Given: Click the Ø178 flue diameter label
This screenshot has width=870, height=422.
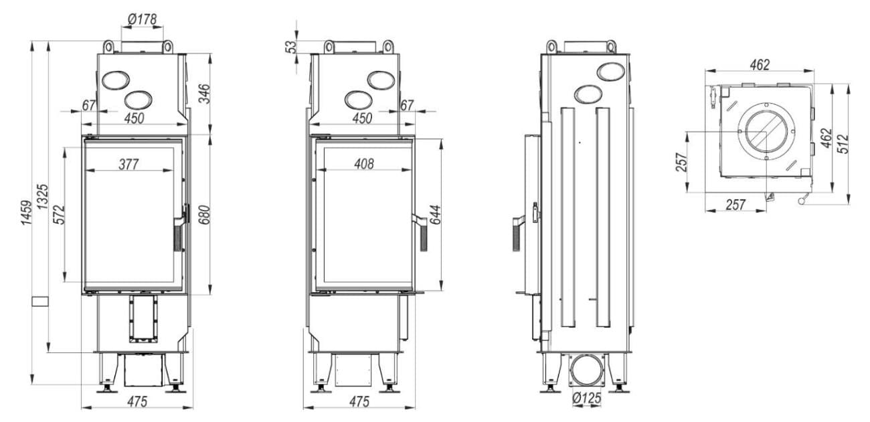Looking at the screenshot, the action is pos(142,19).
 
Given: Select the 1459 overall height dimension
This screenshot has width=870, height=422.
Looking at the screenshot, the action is pos(26,213).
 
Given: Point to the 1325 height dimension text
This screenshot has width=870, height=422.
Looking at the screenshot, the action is pos(43,197).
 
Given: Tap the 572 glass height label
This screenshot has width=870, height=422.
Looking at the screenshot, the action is pos(60,215).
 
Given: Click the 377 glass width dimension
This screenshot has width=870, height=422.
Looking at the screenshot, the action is pos(128,165).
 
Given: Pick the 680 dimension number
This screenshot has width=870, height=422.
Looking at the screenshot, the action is pos(204,215).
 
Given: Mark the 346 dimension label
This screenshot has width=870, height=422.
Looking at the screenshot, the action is pos(204,94).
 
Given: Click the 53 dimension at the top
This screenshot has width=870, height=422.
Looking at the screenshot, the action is pos(290,47).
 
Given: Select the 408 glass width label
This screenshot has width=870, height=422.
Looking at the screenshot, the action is pos(364,165).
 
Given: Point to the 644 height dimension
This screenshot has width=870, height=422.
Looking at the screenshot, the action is pos(436,215).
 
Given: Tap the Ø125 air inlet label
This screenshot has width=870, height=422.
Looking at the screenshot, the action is pos(586,398).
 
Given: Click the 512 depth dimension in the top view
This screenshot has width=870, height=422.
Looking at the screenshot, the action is pos(844,144).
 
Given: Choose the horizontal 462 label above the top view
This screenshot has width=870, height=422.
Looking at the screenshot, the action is pos(760,64).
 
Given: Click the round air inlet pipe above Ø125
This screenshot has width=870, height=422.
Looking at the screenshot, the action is pos(587,370).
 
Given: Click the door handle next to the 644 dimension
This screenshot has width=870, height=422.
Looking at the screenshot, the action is pos(421,232).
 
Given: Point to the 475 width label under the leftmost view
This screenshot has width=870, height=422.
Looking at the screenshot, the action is pos(137,401).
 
